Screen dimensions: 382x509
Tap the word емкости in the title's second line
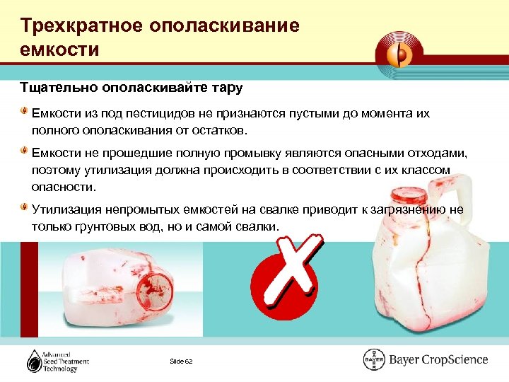click(x=60, y=50)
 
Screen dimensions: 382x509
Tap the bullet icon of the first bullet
click(x=25, y=112)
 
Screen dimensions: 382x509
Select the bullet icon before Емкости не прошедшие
click(x=25, y=151)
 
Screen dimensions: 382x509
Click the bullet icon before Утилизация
click(x=25, y=208)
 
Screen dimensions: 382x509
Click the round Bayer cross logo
click(x=374, y=359)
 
